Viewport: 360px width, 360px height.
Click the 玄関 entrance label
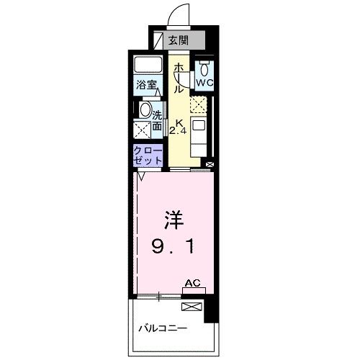point(177,40)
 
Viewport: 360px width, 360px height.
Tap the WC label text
point(204,82)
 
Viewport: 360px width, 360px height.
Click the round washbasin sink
point(145,112)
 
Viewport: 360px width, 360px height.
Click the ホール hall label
point(177,78)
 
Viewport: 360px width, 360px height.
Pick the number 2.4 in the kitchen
point(177,130)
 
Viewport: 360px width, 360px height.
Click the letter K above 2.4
point(178,120)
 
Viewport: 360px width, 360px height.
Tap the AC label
point(192,284)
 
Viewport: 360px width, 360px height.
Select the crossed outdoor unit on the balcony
point(192,307)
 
